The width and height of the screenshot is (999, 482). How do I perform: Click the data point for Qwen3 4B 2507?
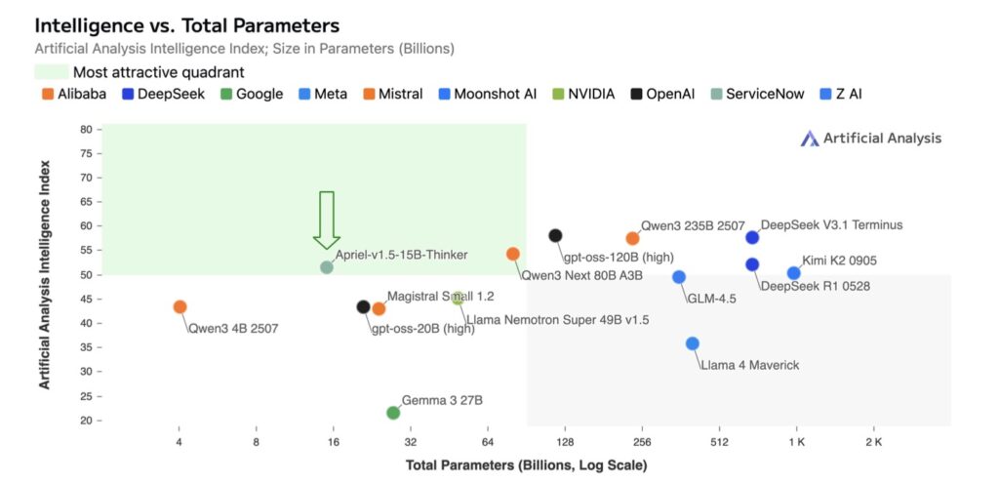point(180,306)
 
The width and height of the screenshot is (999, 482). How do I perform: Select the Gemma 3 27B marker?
point(393,413)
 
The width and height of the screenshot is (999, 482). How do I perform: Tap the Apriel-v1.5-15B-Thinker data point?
point(327,266)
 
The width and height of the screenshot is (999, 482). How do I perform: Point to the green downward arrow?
point(327,220)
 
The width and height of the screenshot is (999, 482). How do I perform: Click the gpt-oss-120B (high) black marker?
point(555,235)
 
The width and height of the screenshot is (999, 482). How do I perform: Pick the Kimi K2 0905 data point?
point(793,273)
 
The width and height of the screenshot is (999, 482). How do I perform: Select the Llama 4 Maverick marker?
point(693,343)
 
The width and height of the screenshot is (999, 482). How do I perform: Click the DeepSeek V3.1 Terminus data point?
point(752,237)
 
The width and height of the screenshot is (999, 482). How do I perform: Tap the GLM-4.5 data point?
point(679,277)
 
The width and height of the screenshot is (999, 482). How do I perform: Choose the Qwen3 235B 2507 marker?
point(632,238)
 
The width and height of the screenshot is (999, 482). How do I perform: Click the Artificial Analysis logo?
point(870,139)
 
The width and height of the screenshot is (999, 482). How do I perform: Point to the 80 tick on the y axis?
point(86,129)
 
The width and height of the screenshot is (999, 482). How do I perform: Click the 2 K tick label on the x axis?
point(873,442)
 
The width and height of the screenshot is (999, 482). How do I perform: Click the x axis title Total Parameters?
point(526,466)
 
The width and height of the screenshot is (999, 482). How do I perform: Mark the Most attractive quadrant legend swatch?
point(51,71)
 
